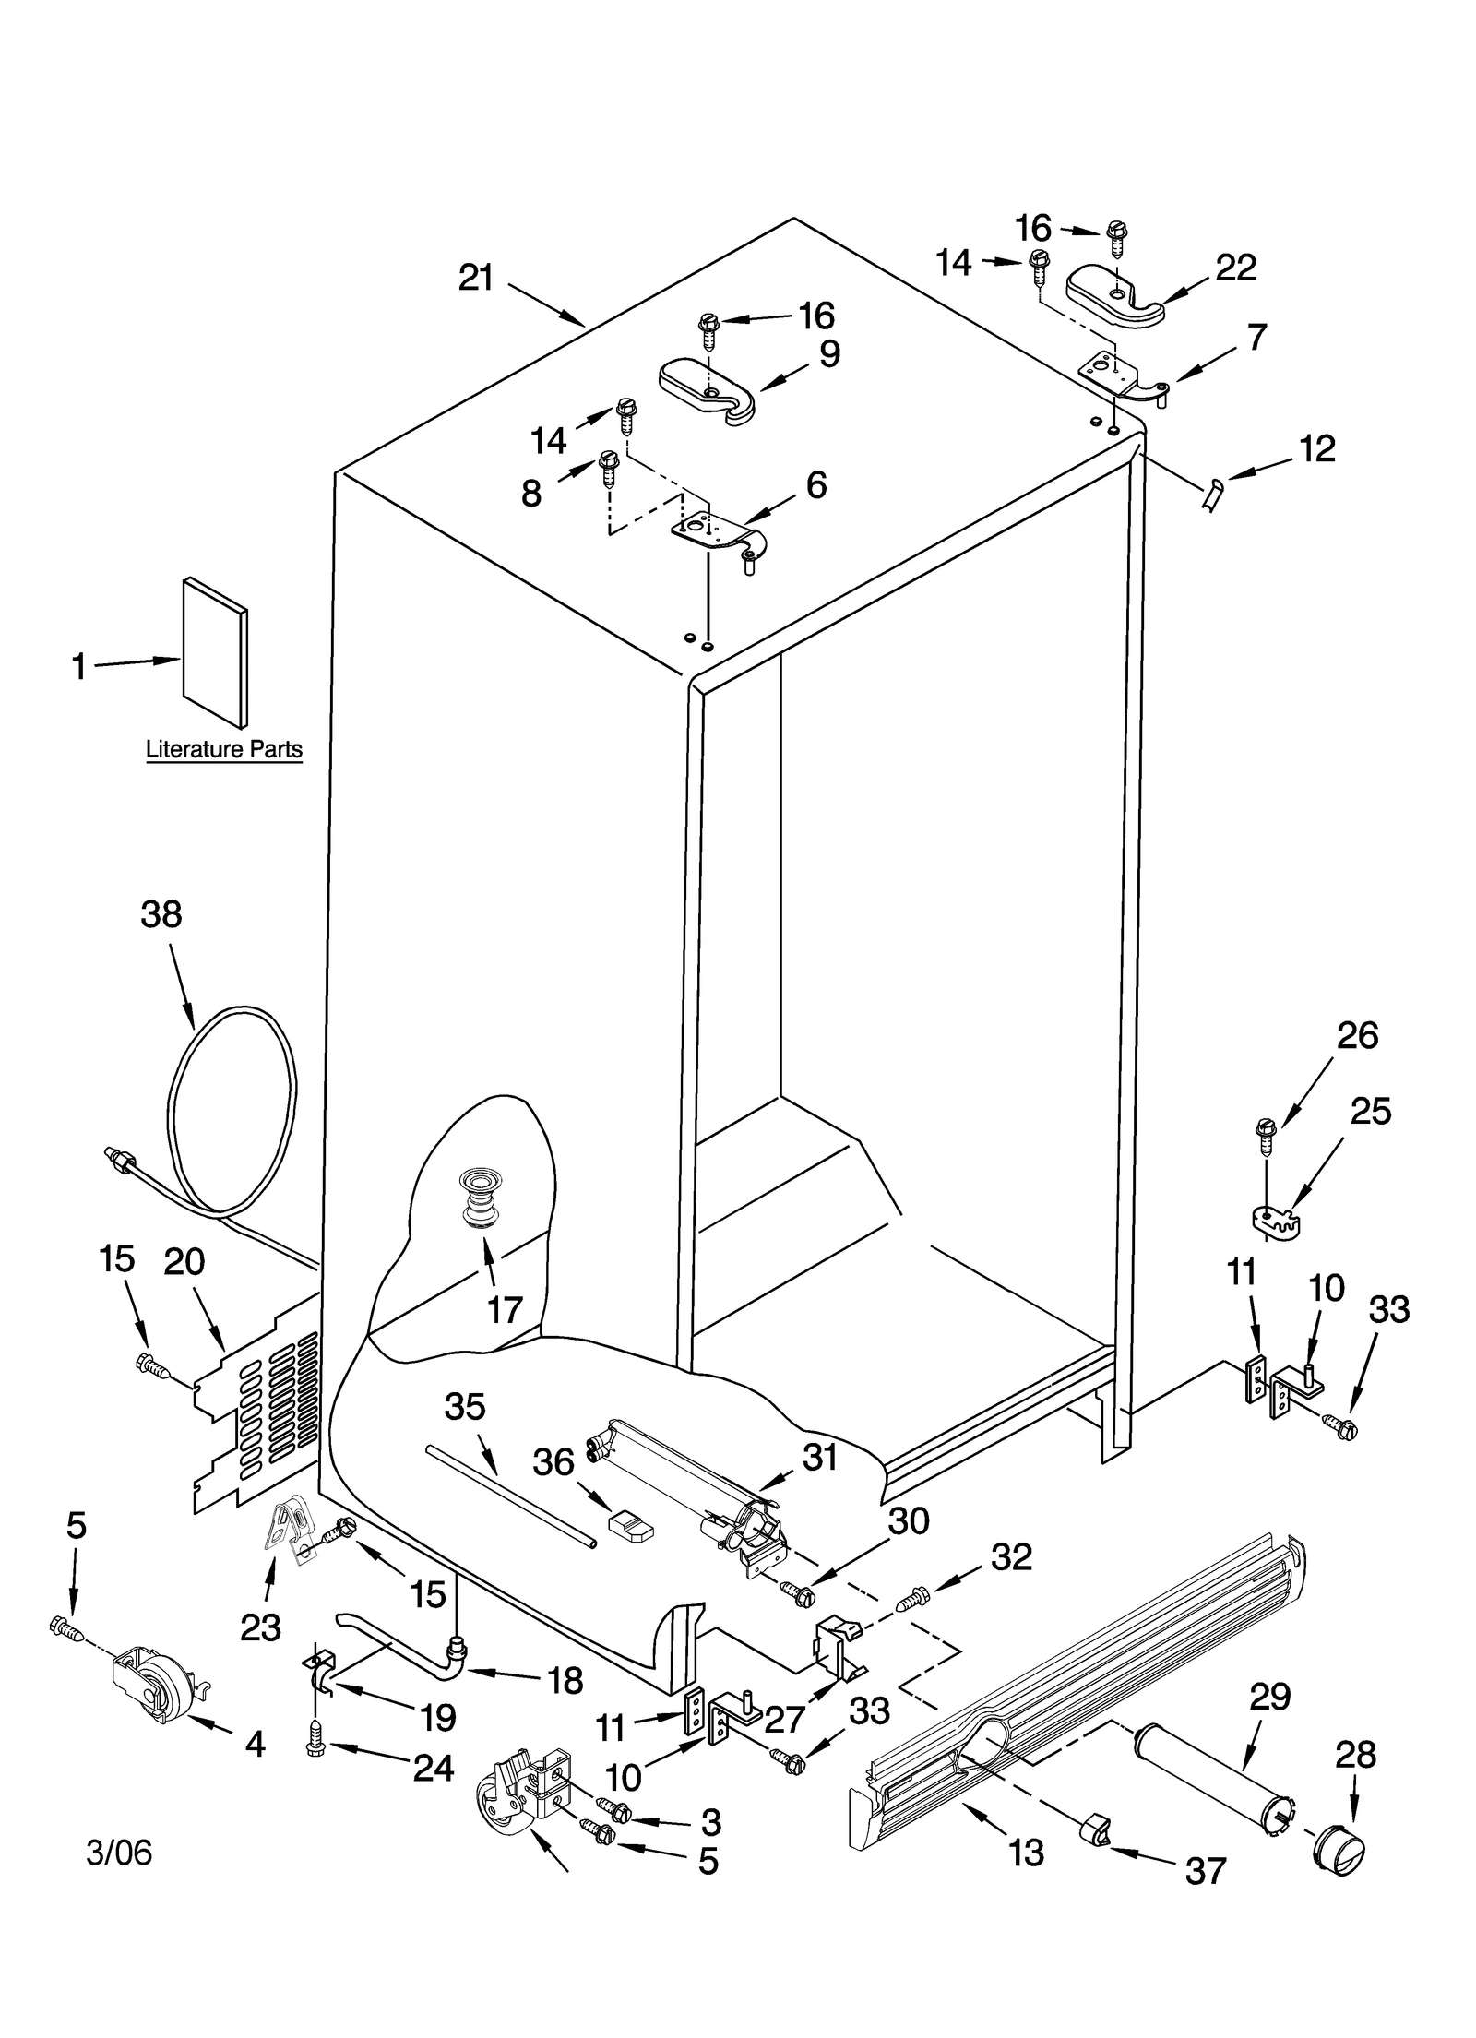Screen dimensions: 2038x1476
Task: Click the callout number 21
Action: pos(476,278)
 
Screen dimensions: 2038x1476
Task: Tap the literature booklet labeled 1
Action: pos(214,651)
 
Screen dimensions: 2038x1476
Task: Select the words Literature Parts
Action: pos(224,749)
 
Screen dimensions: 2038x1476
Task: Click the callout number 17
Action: pos(505,1309)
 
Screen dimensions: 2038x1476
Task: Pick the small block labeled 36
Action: pos(631,1525)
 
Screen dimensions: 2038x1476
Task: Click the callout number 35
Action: pos(464,1407)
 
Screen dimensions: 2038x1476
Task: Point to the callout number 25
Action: pos(1370,1112)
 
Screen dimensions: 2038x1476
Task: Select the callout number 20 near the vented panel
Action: pos(184,1261)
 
